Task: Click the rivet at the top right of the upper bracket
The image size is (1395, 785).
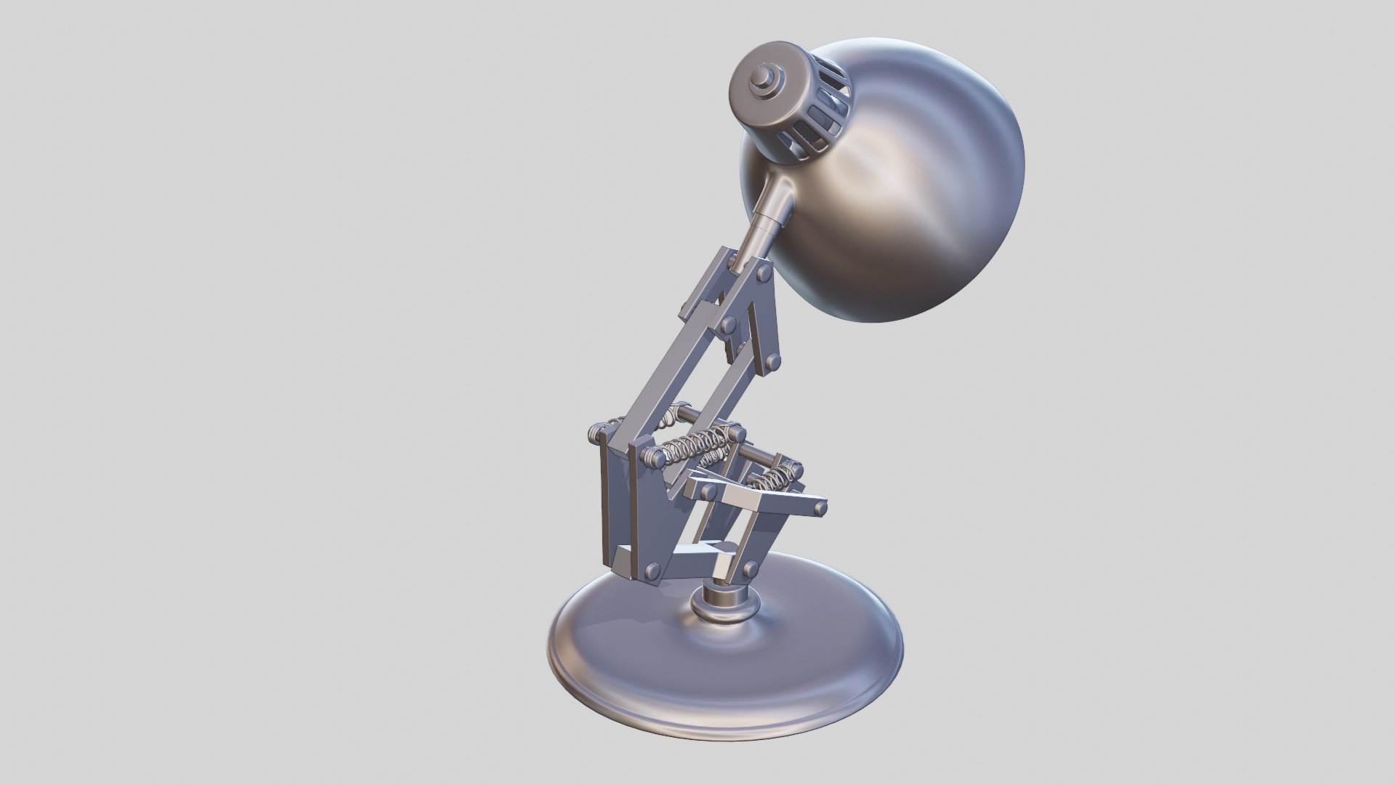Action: click(x=764, y=273)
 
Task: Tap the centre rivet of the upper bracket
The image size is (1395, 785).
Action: click(x=727, y=323)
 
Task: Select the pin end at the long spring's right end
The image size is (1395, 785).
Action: click(x=737, y=435)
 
